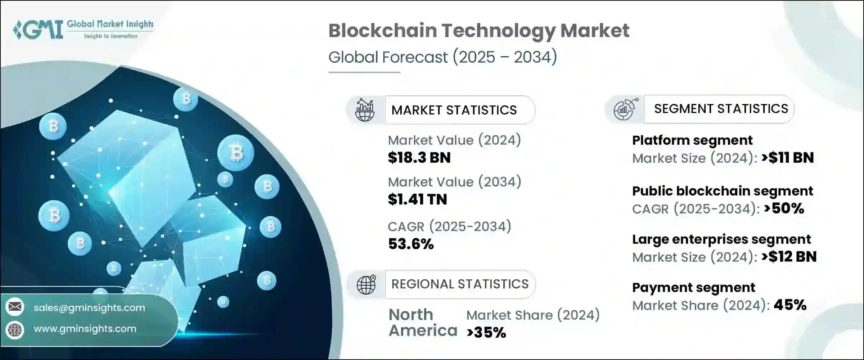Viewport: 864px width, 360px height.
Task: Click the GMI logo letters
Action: click(38, 30)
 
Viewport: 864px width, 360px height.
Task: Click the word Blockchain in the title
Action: click(382, 31)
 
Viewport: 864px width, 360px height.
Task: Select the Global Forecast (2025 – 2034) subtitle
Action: click(442, 57)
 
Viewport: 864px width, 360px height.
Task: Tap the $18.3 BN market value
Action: click(419, 158)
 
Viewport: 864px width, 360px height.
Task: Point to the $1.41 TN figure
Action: click(417, 199)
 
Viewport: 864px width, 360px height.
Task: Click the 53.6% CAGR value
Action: click(411, 244)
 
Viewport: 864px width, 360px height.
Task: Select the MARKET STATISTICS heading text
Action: click(454, 110)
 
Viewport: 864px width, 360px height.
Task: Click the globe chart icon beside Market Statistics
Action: click(365, 110)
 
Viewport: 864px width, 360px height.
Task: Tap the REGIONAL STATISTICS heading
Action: click(460, 284)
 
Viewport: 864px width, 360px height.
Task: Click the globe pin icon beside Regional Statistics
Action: click(366, 285)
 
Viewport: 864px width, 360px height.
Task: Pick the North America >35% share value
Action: click(486, 333)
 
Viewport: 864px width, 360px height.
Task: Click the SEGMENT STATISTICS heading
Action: click(721, 109)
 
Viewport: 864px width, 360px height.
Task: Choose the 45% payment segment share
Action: click(790, 305)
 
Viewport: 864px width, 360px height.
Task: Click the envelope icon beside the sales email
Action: click(15, 307)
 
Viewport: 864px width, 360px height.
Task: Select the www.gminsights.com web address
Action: click(85, 329)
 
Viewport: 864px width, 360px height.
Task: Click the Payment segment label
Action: click(693, 288)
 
